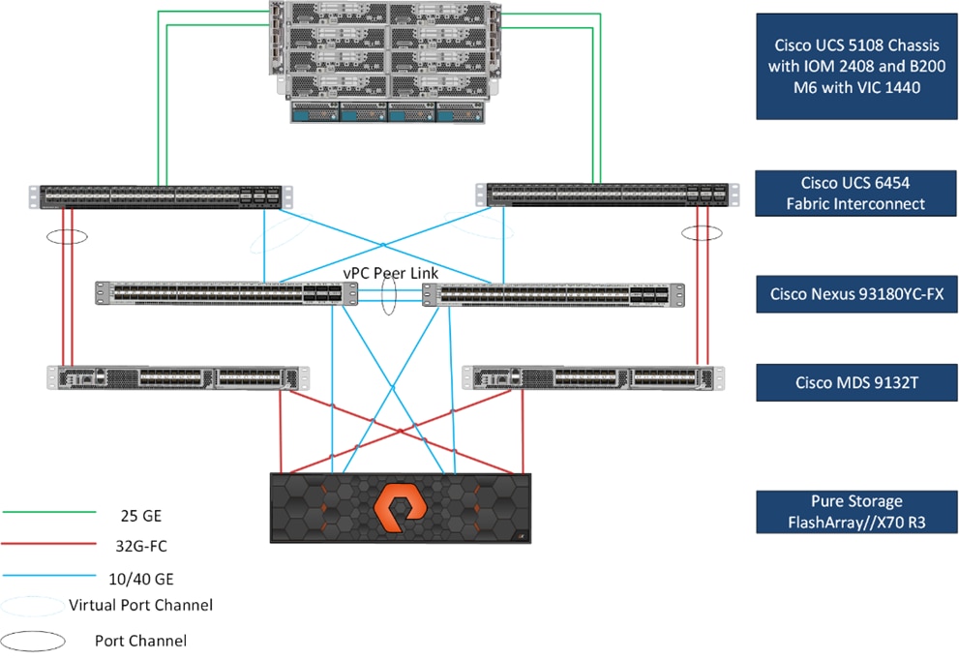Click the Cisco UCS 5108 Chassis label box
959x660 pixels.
(x=849, y=65)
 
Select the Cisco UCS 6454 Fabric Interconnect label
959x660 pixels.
(x=849, y=194)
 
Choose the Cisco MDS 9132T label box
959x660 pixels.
(x=849, y=382)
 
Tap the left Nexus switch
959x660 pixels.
(x=220, y=294)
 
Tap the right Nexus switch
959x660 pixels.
(x=554, y=294)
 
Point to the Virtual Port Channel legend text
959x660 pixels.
(x=141, y=606)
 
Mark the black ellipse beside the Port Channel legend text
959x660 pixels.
(x=34, y=641)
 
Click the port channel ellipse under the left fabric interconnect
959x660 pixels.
(x=65, y=235)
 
